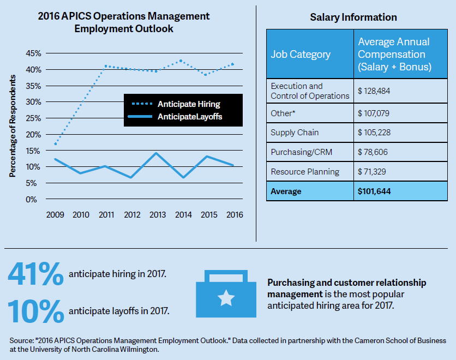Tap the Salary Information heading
pos(353,17)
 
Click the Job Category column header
pos(301,55)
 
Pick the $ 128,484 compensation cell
pos(375,91)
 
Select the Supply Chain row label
pos(295,133)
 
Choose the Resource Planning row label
pos(305,172)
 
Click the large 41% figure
pos(36,274)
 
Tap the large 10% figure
pos(36,311)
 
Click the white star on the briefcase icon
pos(225,298)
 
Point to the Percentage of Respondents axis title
pos(12,126)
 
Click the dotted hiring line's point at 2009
pos(56,145)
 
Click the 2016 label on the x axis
pos(233,215)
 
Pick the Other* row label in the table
pos(284,113)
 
